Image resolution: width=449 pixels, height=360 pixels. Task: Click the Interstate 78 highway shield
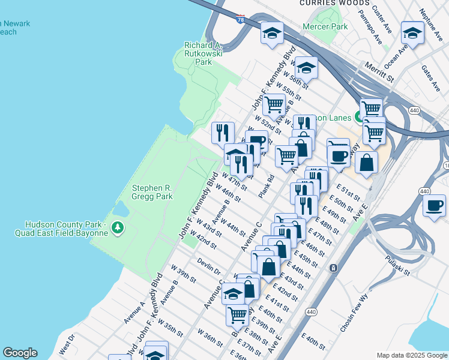coord(240,20)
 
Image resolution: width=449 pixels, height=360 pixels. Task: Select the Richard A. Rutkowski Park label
coord(203,53)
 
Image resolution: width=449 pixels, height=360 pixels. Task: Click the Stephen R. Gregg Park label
coord(152,192)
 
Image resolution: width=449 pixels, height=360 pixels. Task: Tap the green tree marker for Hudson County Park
coord(119,227)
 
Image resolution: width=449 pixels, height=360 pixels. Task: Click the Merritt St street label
coord(381,74)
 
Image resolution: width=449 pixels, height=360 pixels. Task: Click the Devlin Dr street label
coord(208,266)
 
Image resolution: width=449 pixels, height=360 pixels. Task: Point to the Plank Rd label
coord(267,186)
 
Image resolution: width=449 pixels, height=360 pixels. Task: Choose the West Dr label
coord(65,344)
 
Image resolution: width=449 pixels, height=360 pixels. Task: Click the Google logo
coord(20,353)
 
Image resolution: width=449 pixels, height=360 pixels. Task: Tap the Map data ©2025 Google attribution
coord(411,355)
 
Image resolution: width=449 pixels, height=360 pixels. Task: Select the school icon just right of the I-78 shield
coord(272,32)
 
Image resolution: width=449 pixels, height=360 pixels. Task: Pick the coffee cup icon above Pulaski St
coord(433,205)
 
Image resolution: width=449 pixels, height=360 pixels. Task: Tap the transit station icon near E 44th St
coord(333,268)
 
